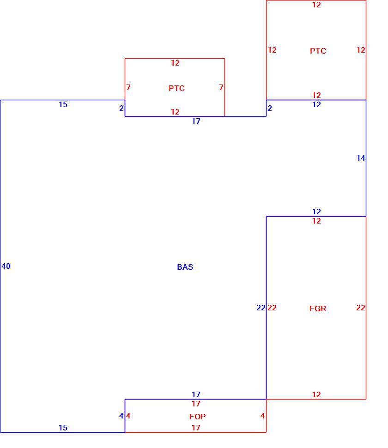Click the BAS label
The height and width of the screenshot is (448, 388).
point(185,267)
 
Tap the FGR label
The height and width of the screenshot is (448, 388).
point(318,309)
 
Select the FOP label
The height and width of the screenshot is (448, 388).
point(197,417)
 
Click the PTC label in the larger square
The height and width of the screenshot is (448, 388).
point(318,51)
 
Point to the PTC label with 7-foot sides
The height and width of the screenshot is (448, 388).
point(176,88)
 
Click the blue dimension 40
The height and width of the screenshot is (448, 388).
point(6,266)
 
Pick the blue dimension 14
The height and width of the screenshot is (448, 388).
point(361,158)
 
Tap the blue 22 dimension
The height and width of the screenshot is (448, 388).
point(261,308)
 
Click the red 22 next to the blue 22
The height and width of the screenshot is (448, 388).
point(272,308)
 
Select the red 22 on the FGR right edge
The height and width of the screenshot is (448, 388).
point(361,308)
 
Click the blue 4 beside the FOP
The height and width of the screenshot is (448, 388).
point(121,416)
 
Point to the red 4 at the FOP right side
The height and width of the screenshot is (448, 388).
point(262,416)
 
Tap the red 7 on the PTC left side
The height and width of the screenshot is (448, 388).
point(128,87)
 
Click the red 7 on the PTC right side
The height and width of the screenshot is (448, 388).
point(221,87)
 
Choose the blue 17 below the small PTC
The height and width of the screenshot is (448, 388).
point(196,121)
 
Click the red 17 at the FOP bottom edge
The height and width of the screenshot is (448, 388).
point(196,428)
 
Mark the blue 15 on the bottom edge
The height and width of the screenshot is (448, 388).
point(63,428)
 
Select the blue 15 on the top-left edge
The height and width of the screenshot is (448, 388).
point(63,104)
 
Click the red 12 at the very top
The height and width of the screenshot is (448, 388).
point(316,5)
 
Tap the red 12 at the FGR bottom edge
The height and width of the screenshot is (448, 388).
point(316,394)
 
